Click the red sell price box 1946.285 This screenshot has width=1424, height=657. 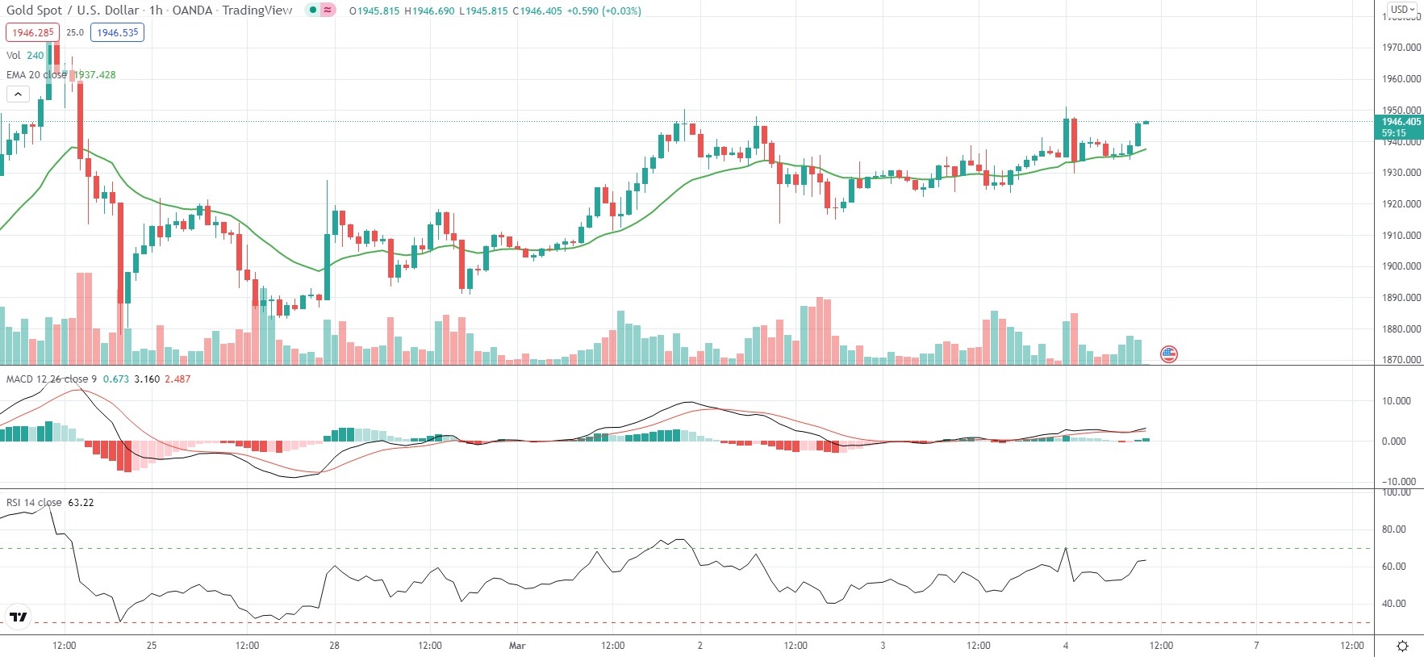pyautogui.click(x=32, y=33)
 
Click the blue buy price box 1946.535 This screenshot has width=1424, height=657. pyautogui.click(x=118, y=33)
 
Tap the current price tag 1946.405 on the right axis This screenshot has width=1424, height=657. pyautogui.click(x=1401, y=122)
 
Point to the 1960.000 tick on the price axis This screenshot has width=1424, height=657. pyautogui.click(x=1401, y=79)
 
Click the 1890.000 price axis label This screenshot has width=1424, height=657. pyautogui.click(x=1401, y=298)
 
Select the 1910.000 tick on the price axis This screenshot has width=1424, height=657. pyautogui.click(x=1401, y=236)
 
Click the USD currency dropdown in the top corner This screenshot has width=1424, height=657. pyautogui.click(x=1402, y=10)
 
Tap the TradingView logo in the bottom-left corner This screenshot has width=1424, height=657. pyautogui.click(x=18, y=617)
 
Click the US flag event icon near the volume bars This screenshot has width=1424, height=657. pyautogui.click(x=1168, y=354)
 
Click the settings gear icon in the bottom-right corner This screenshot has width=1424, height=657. pyautogui.click(x=1402, y=646)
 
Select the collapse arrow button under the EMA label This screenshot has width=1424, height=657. pyautogui.click(x=18, y=94)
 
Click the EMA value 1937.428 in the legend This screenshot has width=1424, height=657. pyautogui.click(x=95, y=75)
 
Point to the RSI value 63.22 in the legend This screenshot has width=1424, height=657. pyautogui.click(x=81, y=503)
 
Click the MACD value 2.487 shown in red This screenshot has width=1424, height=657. pyautogui.click(x=177, y=379)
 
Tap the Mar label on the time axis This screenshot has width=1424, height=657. pyautogui.click(x=517, y=646)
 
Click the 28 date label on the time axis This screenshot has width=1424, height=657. pyautogui.click(x=334, y=646)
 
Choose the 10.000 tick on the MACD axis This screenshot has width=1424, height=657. pyautogui.click(x=1396, y=401)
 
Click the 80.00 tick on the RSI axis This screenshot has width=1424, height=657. pyautogui.click(x=1394, y=529)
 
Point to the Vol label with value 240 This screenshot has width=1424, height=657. pyautogui.click(x=25, y=56)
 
